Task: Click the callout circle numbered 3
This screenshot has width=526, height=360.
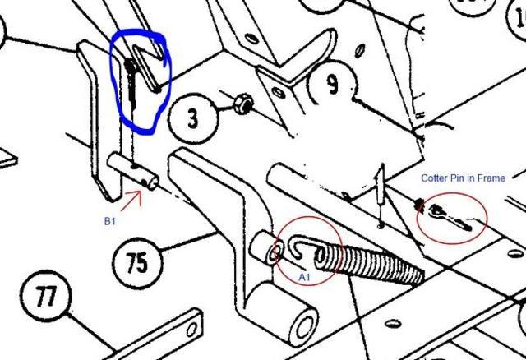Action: coord(193,118)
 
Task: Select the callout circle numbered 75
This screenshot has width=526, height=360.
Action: coord(137,263)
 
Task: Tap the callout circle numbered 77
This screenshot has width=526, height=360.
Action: coord(46,296)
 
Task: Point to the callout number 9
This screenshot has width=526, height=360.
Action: coord(333,83)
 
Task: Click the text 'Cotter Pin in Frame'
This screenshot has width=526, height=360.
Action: coord(463,178)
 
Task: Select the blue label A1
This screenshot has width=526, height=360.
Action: coord(304,278)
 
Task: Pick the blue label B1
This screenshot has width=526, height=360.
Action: coord(109,221)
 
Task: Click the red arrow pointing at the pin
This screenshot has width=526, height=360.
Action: coord(131,201)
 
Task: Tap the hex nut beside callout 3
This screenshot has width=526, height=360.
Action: coord(243,104)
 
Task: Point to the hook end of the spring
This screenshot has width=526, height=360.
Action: coord(298,248)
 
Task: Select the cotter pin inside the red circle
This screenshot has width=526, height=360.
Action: coord(450,218)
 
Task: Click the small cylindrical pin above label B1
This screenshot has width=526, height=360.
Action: coord(132,171)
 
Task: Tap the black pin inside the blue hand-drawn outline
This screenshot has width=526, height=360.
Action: coord(131,82)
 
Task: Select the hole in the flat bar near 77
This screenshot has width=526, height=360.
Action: coord(191,330)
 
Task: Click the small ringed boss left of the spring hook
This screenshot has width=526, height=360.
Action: coord(267,248)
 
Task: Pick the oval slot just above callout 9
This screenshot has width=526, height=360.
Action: coord(360,50)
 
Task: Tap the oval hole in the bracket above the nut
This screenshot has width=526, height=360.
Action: coord(278,92)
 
